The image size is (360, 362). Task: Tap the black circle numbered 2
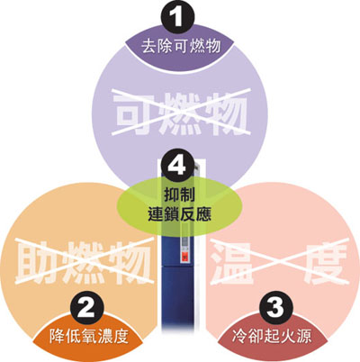point(87,308)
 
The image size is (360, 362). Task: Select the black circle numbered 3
point(275,308)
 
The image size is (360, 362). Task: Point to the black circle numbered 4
point(176,164)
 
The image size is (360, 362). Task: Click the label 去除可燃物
point(181,47)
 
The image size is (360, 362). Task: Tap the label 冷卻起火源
point(272,336)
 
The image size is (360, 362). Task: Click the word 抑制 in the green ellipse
point(179,195)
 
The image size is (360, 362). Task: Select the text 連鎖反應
point(179,214)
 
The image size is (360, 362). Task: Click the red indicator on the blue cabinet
point(185,258)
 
